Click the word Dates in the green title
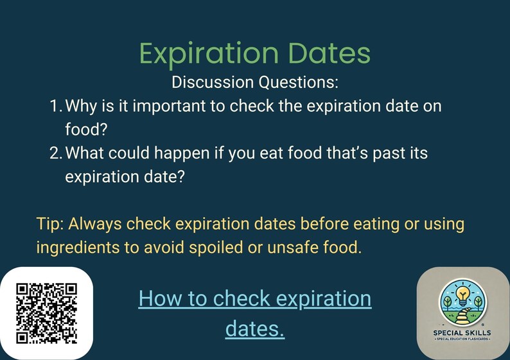click(x=324, y=54)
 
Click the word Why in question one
click(x=81, y=105)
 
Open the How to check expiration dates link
click(x=254, y=313)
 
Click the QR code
click(x=46, y=313)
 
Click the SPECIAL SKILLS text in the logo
click(x=463, y=332)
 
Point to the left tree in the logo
click(x=447, y=300)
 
